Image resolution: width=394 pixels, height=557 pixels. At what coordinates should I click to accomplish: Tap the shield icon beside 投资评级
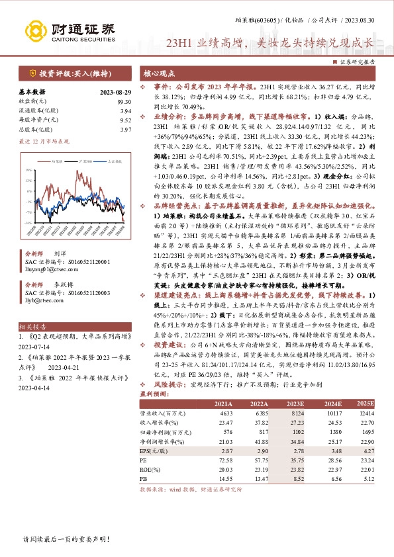pos(32,73)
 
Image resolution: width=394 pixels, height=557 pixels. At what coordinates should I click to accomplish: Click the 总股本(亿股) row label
pos(34,130)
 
